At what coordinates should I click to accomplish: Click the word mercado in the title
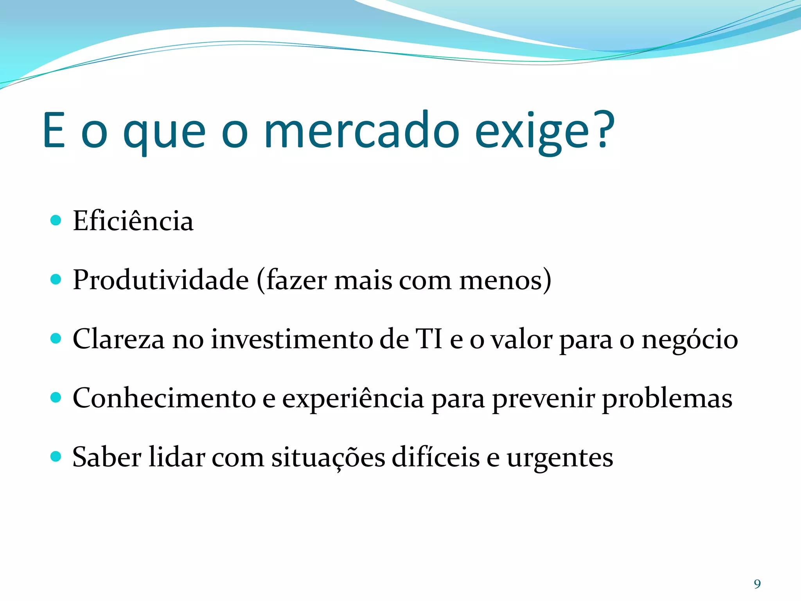coord(362,131)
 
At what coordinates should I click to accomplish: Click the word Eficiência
coord(133,221)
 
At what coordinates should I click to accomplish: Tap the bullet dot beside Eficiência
coord(56,220)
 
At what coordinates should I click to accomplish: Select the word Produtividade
coord(161,280)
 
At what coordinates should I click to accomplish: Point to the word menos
coord(501,281)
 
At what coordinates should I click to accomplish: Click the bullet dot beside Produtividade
coord(56,279)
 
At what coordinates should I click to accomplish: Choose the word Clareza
coord(119,339)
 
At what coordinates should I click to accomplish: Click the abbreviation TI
coord(429,338)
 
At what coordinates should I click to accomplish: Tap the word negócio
coord(690,340)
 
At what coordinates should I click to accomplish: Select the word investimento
coord(292,339)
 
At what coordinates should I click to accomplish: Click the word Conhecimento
coord(164,398)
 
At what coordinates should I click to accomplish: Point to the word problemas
coord(667,399)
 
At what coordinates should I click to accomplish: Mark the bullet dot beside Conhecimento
coord(56,398)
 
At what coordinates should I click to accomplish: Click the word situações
coord(328,458)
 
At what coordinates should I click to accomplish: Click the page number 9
coord(757,584)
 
